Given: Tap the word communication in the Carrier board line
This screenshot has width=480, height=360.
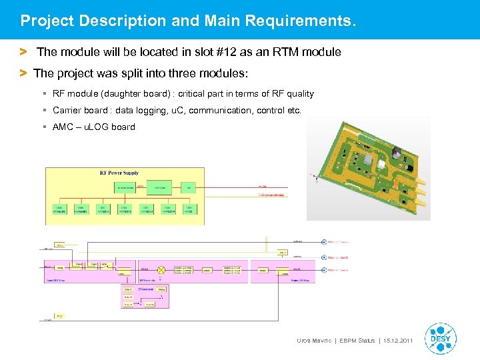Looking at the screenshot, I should [x=217, y=110].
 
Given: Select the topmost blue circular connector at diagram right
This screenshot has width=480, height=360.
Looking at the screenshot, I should [x=324, y=242].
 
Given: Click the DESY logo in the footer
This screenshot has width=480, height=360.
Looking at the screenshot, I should [x=440, y=338].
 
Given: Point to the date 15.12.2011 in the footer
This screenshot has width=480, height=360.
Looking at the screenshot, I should [x=398, y=341].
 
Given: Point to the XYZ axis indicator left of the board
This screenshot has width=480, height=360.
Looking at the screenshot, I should [x=311, y=176].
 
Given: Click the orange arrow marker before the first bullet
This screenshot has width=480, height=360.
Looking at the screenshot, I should [x=23, y=51].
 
